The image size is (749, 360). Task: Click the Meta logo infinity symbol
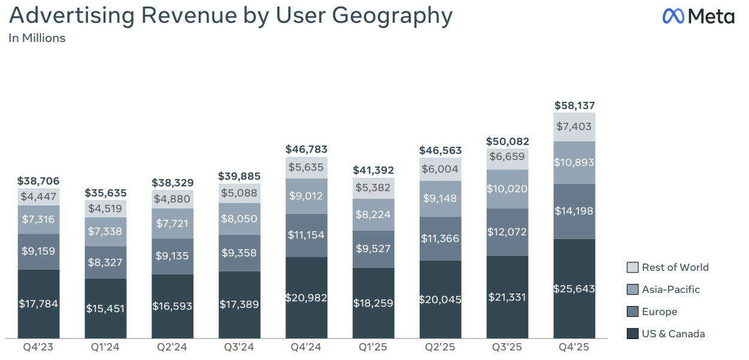674,16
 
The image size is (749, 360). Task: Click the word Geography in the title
392,16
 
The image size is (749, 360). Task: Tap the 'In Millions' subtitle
37,38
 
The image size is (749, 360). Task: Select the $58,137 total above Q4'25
574,105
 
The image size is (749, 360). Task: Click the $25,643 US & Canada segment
574,288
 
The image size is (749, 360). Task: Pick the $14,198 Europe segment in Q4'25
574,211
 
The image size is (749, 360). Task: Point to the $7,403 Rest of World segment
574,126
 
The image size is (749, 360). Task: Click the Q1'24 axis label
105,347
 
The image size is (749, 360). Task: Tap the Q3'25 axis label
507,347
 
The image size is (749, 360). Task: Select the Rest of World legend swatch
632,268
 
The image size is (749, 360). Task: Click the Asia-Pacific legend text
671,290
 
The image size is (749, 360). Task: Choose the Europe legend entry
659,312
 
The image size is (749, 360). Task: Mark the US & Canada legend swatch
632,334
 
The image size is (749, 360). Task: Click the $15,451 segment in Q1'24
105,308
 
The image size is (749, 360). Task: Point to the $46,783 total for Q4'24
306,149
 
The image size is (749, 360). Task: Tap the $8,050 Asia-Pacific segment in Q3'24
239,219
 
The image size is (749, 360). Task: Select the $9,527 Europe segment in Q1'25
373,249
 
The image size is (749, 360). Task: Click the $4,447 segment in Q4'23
38,196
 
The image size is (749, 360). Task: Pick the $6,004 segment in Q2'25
440,170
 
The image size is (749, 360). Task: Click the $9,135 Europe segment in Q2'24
172,256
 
